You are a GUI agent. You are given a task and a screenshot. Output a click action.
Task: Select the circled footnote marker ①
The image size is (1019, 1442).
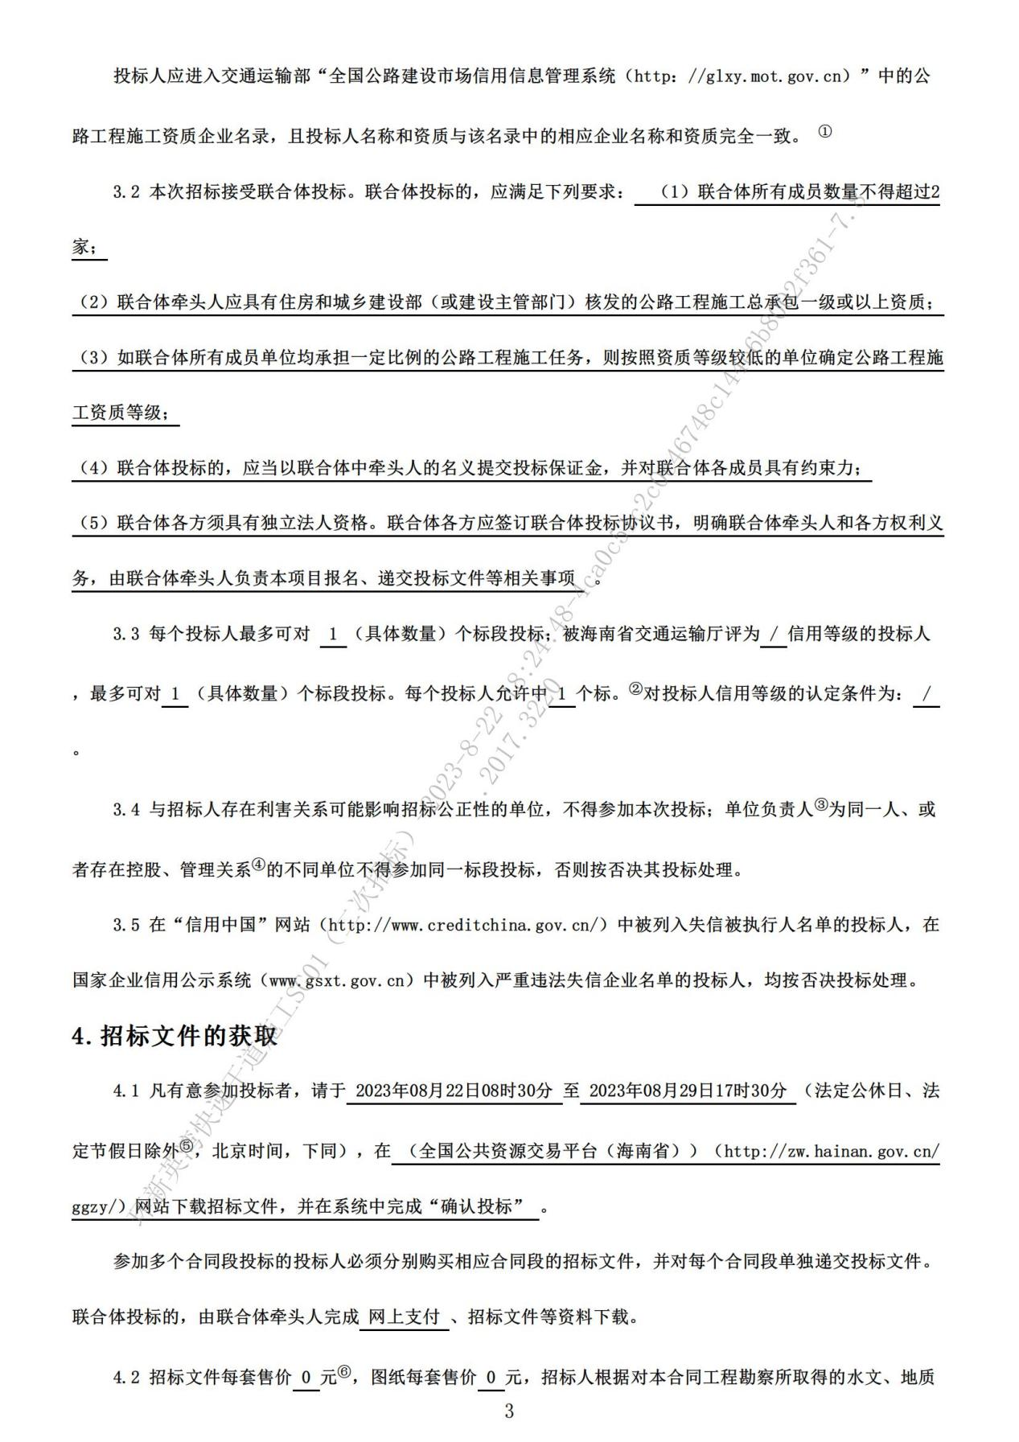pos(824,132)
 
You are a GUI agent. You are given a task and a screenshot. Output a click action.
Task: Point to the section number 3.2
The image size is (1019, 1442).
pos(126,193)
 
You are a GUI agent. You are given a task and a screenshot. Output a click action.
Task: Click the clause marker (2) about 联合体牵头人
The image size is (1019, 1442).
pos(94,302)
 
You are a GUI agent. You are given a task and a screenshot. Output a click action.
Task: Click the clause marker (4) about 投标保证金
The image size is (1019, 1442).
pos(94,468)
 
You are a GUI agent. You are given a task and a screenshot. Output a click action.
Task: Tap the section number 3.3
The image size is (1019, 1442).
pos(126,634)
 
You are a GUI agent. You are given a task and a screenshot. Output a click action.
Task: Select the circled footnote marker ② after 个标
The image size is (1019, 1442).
pos(635,689)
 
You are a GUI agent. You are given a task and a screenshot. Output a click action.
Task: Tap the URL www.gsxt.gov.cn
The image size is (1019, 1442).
pos(336,981)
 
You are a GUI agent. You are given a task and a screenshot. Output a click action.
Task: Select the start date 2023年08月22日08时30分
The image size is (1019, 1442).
pos(454,1091)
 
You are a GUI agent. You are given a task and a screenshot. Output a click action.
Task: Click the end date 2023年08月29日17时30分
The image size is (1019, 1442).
pos(688,1091)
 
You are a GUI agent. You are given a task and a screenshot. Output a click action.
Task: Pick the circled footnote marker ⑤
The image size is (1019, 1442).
pos(186,1147)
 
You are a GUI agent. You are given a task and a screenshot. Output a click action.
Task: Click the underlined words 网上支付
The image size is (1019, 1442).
pos(404,1317)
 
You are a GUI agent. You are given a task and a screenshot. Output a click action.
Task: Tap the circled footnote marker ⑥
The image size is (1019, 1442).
pos(344,1373)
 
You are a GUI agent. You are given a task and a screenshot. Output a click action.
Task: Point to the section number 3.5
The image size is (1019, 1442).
pos(126,925)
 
